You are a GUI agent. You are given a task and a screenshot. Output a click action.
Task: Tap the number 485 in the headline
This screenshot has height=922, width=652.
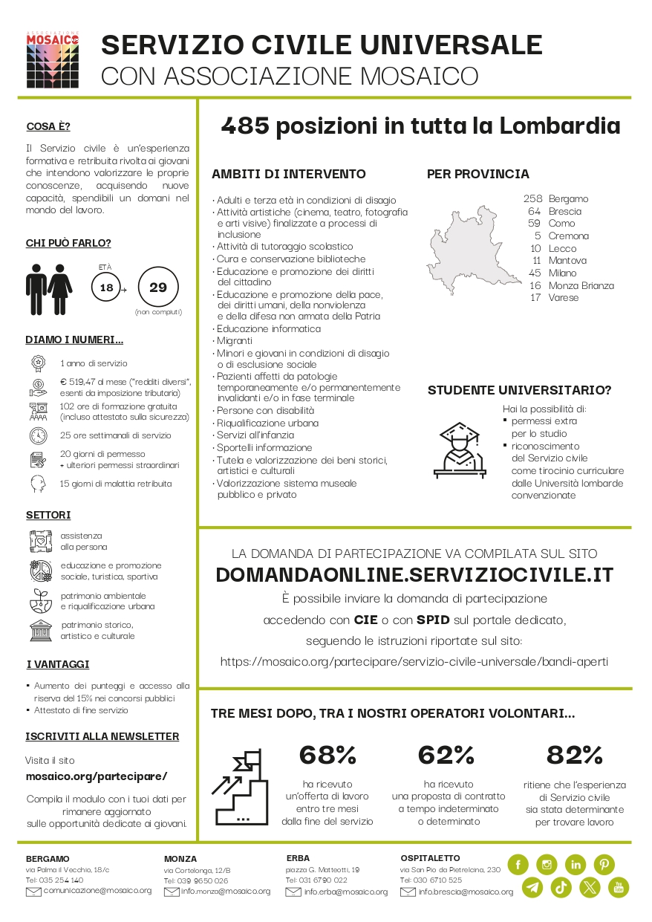244,126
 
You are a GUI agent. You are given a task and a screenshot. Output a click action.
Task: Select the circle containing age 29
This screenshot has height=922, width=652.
158,286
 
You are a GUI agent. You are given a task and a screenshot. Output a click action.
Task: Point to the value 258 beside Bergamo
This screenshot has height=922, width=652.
532,198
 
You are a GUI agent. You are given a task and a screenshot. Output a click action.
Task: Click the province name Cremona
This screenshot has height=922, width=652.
568,236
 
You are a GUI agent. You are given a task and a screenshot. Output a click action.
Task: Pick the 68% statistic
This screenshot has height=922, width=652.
327,755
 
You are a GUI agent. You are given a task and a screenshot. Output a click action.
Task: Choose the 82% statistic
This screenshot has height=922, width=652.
574,755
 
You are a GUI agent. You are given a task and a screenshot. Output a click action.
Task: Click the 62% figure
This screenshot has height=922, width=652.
446,755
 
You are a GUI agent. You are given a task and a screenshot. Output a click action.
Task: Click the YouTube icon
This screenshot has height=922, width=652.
618,886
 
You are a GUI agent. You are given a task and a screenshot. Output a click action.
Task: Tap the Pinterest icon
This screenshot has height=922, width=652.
604,864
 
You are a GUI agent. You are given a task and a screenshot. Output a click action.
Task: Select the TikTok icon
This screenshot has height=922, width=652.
561,886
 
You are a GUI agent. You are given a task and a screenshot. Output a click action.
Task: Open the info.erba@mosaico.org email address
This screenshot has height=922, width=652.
345,892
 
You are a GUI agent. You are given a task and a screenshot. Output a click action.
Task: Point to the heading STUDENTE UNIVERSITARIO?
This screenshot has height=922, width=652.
519,390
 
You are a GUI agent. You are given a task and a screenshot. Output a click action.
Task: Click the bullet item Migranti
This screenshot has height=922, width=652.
234,340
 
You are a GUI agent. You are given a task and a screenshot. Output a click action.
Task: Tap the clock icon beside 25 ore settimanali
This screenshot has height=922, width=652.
39,435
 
